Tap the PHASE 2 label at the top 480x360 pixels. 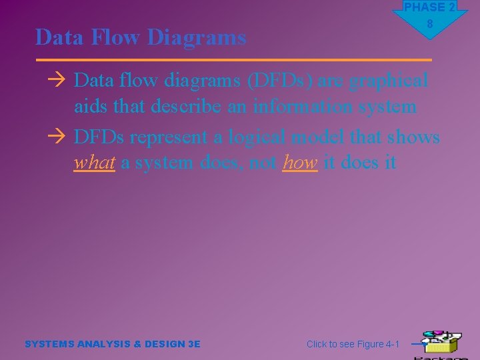[429, 7]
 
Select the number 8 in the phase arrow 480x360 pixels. [430, 24]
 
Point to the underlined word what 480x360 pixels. [94, 163]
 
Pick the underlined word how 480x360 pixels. [299, 163]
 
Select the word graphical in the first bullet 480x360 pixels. [389, 81]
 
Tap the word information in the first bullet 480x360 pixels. [302, 107]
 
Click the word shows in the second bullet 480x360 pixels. [413, 137]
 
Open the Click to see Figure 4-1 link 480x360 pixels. [353, 344]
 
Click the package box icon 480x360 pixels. [441, 343]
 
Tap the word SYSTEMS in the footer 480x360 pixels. [49, 344]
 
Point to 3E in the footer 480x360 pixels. [194, 344]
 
